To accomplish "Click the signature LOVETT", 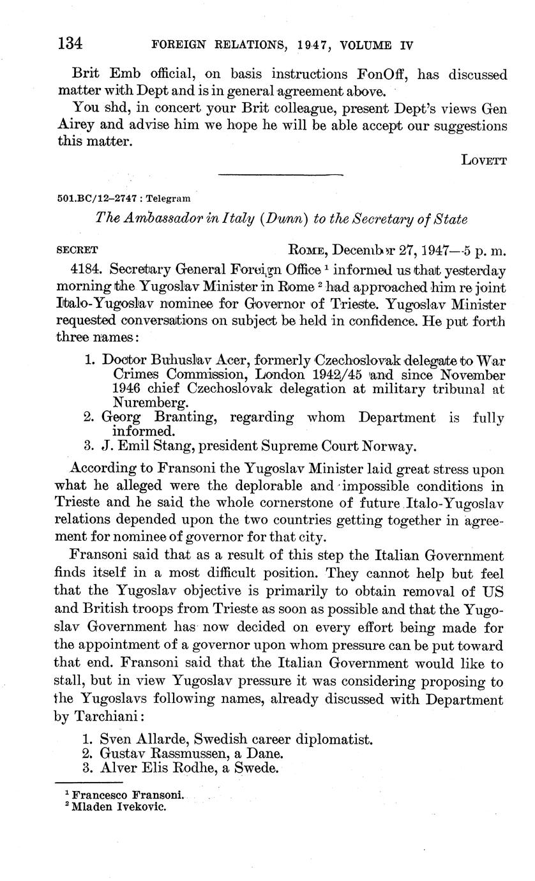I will [484, 160].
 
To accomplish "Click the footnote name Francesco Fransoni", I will [128, 795].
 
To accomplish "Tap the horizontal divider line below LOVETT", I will [280, 174].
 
